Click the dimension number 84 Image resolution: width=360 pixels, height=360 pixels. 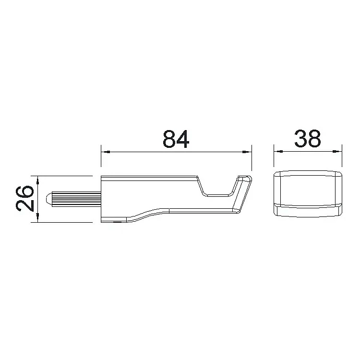tap(176, 139)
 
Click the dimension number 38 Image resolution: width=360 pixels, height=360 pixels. tap(307, 138)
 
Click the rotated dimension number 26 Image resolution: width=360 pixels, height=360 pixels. tap(25, 198)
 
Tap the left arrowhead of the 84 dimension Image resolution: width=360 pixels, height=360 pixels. tap(106, 152)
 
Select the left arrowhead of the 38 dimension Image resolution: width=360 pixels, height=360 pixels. tap(278, 151)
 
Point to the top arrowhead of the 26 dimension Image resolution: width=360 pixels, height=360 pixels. tap(37, 180)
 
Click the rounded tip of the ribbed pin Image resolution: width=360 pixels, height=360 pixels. tap(49, 199)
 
